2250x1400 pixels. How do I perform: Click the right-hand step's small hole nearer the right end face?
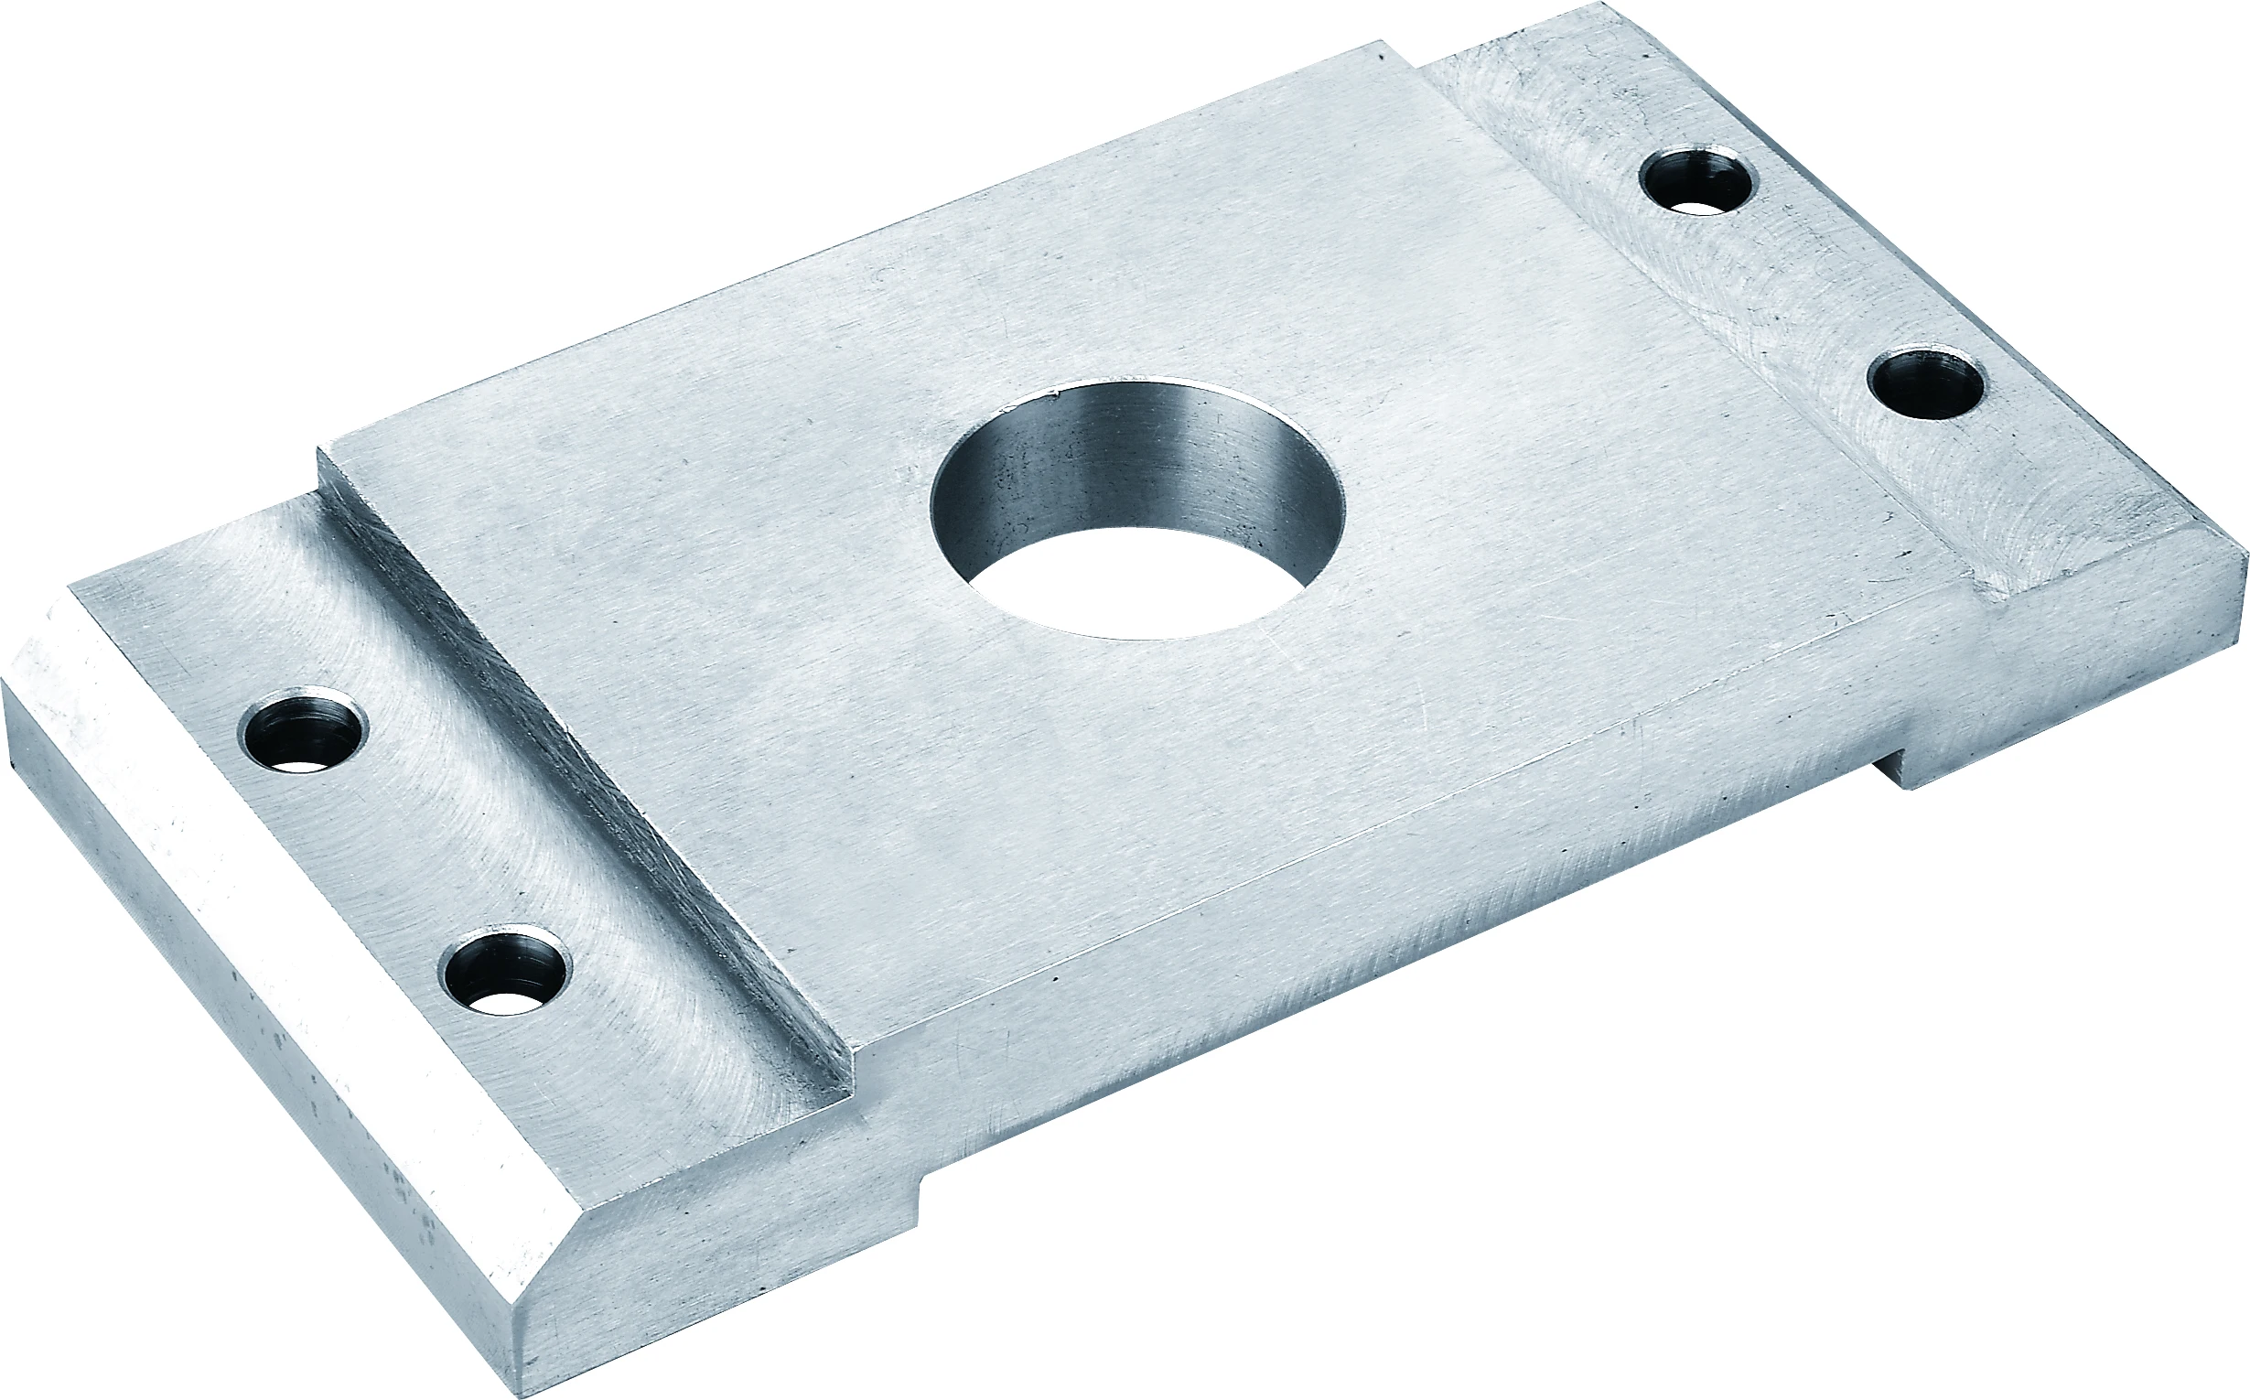[x=1926, y=383]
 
